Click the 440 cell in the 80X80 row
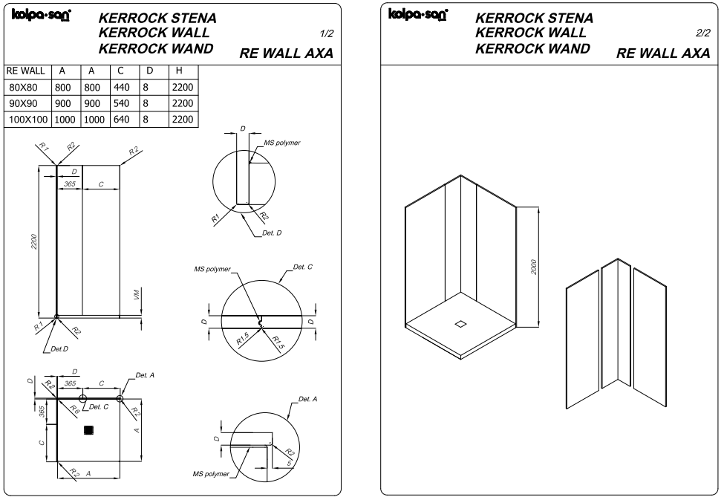pyautogui.click(x=122, y=88)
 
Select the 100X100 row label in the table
pyautogui.click(x=28, y=119)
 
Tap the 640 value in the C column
pyautogui.click(x=122, y=119)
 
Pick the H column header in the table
pyautogui.click(x=179, y=71)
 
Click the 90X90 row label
pyautogui.click(x=23, y=103)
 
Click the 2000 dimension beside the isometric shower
pyautogui.click(x=534, y=267)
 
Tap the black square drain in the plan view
pyautogui.click(x=89, y=430)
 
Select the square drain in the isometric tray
pyautogui.click(x=460, y=324)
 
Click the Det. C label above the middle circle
pyautogui.click(x=303, y=267)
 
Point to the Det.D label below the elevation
pyautogui.click(x=59, y=349)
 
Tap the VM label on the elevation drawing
pyautogui.click(x=137, y=294)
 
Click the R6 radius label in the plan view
pyautogui.click(x=74, y=409)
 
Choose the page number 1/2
pyautogui.click(x=327, y=33)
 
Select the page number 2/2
pyautogui.click(x=703, y=33)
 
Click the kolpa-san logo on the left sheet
pyautogui.click(x=41, y=16)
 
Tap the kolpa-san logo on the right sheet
pyautogui.click(x=418, y=14)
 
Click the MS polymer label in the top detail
pyautogui.click(x=282, y=143)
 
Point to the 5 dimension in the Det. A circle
pyautogui.click(x=289, y=462)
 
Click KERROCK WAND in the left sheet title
pyautogui.click(x=156, y=48)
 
